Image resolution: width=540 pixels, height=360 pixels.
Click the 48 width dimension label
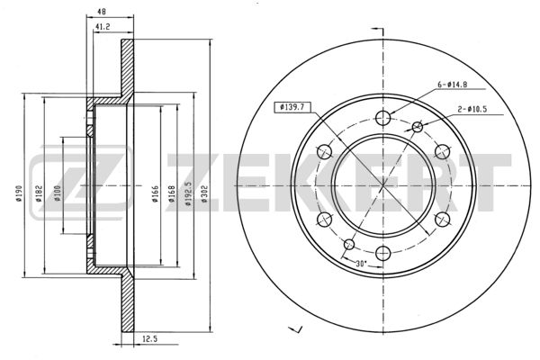(101, 12)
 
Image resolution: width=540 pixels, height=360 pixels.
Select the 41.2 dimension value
(103, 26)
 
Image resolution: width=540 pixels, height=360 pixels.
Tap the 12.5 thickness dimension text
(149, 339)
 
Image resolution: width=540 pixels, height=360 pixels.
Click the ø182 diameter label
(39, 193)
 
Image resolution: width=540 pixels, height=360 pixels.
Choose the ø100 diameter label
(58, 193)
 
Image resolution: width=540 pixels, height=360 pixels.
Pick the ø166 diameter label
(156, 193)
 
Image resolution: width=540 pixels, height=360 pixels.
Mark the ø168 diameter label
(172, 193)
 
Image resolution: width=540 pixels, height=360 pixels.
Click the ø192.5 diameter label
(188, 193)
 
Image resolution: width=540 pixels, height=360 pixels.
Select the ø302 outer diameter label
(204, 193)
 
